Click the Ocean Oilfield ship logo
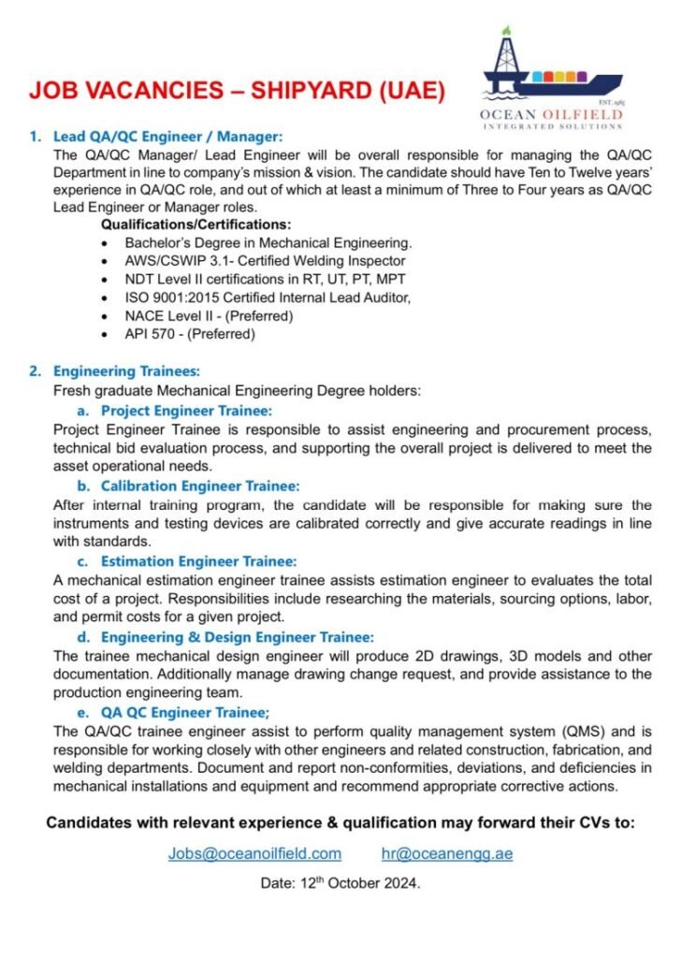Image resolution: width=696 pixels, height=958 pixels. click(551, 75)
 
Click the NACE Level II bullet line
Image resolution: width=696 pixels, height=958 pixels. click(209, 315)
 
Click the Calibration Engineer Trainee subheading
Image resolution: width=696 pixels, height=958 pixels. click(200, 486)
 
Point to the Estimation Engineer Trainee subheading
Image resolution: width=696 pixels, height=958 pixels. click(198, 561)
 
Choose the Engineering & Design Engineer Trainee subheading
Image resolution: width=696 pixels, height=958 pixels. click(237, 637)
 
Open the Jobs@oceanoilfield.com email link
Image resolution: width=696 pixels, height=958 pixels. click(254, 853)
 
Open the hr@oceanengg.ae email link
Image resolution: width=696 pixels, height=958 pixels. click(447, 853)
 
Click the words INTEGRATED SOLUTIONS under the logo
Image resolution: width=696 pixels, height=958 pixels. click(552, 125)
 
